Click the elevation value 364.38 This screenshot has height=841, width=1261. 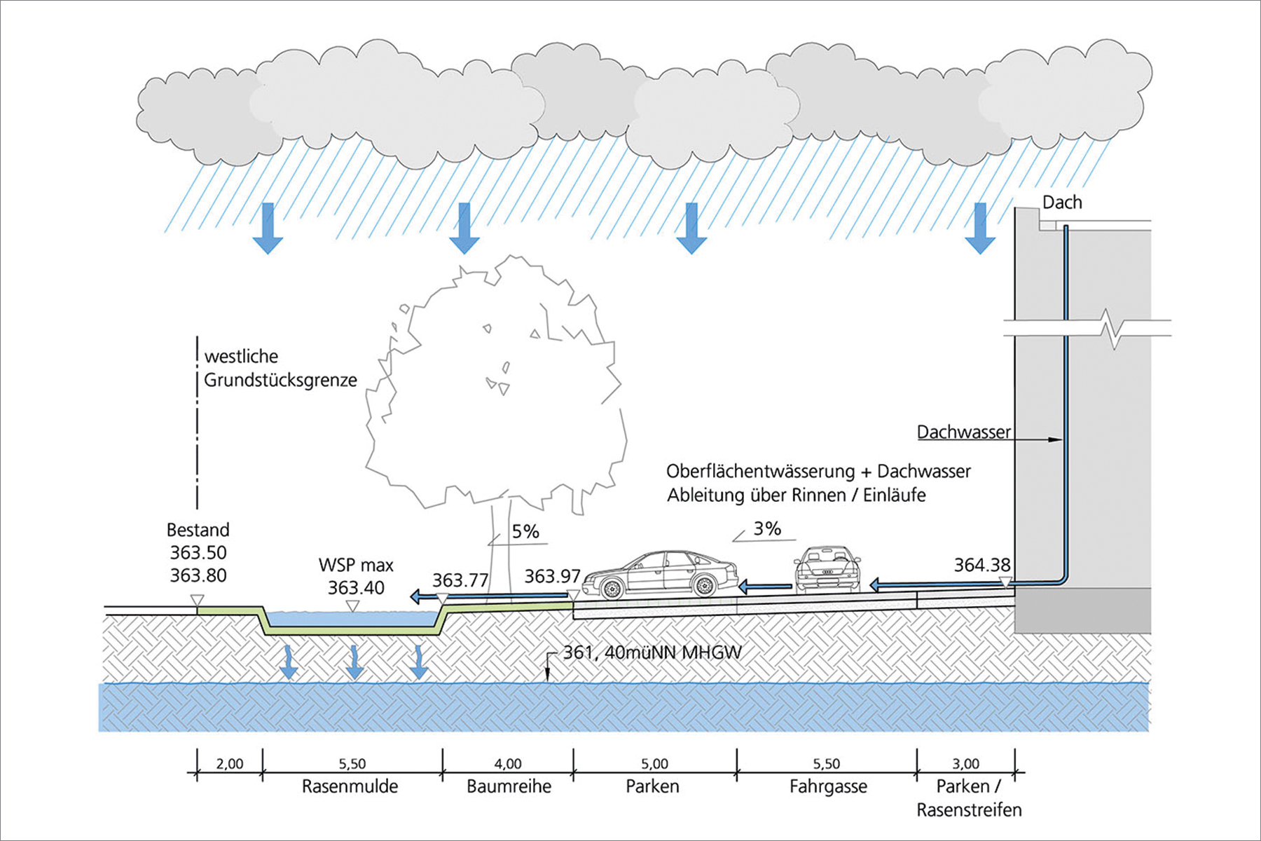pyautogui.click(x=981, y=565)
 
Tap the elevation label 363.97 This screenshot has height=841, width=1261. pyautogui.click(x=552, y=576)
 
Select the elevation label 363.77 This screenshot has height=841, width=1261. pyautogui.click(x=460, y=580)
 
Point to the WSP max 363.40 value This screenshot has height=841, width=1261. pyautogui.click(x=356, y=587)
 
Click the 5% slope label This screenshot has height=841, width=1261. pyautogui.click(x=525, y=531)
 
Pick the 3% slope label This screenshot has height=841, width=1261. pyautogui.click(x=767, y=528)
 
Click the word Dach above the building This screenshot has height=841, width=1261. pyautogui.click(x=1062, y=203)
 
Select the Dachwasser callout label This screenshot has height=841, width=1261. pyautogui.click(x=964, y=432)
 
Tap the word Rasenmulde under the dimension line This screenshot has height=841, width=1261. pyautogui.click(x=350, y=786)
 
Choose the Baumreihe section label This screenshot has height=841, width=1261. pyautogui.click(x=509, y=786)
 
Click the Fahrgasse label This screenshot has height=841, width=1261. pyautogui.click(x=828, y=786)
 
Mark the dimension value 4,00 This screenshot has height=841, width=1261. pyautogui.click(x=508, y=763)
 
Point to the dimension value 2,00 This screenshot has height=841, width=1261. pyautogui.click(x=230, y=763)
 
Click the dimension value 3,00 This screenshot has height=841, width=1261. pyautogui.click(x=965, y=763)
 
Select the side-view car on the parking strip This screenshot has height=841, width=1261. pyautogui.click(x=660, y=575)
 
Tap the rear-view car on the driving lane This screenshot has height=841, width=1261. pyautogui.click(x=827, y=569)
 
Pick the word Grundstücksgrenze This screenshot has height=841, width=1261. pyautogui.click(x=280, y=380)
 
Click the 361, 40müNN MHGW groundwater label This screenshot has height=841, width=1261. pyautogui.click(x=652, y=652)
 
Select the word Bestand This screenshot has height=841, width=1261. pyautogui.click(x=198, y=529)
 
